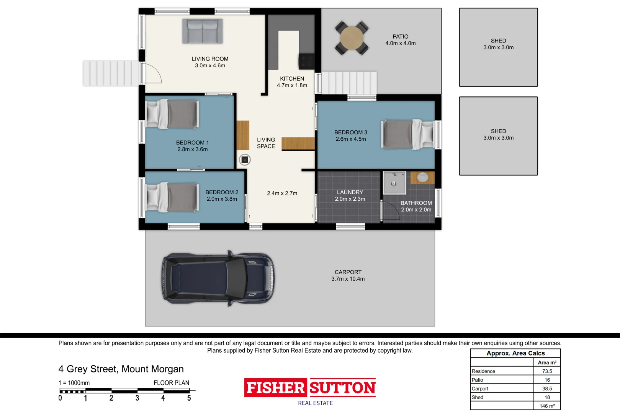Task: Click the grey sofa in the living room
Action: click(x=202, y=31)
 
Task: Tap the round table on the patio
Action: click(x=352, y=38)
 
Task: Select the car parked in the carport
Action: click(x=218, y=278)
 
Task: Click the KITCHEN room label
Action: click(x=292, y=79)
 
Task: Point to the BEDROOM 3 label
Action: click(x=351, y=132)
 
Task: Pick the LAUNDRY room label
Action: click(x=350, y=192)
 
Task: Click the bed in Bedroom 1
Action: click(x=172, y=114)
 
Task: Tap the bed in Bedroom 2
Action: click(x=172, y=197)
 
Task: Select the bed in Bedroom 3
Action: click(x=408, y=134)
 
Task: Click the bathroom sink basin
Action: click(x=422, y=177)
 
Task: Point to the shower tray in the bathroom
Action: click(x=394, y=182)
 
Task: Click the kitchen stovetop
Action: click(x=306, y=61)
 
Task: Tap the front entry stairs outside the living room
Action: click(x=111, y=73)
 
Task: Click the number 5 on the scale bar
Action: click(x=189, y=398)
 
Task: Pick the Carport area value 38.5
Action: click(x=547, y=389)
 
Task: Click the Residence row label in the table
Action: click(x=483, y=371)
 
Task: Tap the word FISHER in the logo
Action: click(x=275, y=387)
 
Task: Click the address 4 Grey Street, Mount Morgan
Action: click(x=121, y=369)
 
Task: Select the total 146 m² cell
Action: click(x=547, y=406)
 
